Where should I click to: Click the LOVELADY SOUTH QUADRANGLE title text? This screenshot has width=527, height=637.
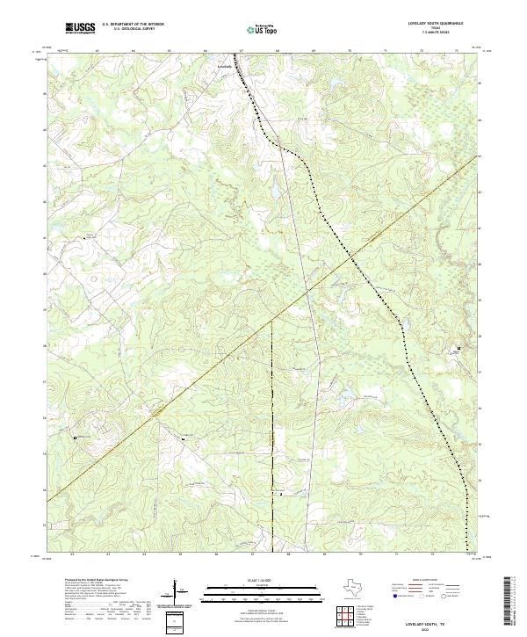pyautogui.click(x=434, y=24)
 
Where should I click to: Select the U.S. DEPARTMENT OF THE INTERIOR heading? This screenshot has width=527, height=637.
pyautogui.click(x=133, y=24)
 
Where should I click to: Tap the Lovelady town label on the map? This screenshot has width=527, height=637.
pyautogui.click(x=225, y=67)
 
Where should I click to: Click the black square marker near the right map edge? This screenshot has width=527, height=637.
pyautogui.click(x=458, y=349)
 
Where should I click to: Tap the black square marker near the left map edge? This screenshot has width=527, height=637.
pyautogui.click(x=76, y=437)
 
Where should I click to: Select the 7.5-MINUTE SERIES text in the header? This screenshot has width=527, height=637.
pyautogui.click(x=435, y=33)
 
